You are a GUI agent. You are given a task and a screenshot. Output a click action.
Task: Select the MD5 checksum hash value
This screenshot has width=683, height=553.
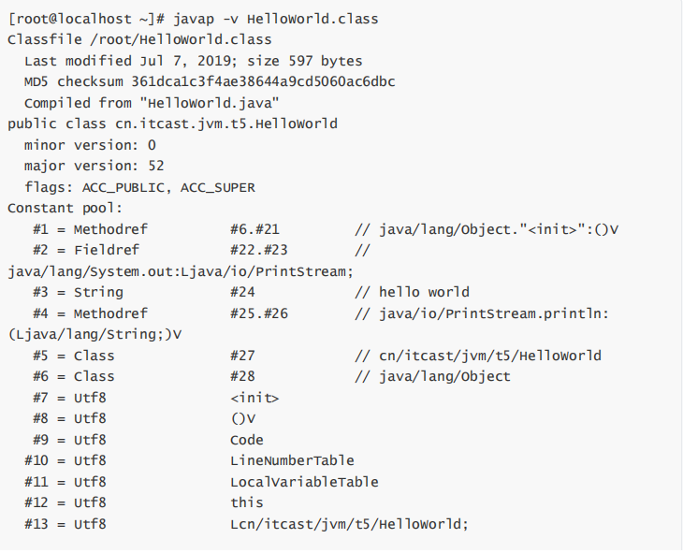click(x=263, y=82)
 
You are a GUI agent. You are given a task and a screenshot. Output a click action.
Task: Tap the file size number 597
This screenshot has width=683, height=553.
click(x=300, y=61)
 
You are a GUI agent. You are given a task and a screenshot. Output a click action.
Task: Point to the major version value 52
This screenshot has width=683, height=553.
click(x=156, y=166)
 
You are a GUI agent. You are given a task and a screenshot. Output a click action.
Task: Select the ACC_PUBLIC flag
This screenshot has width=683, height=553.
click(x=124, y=188)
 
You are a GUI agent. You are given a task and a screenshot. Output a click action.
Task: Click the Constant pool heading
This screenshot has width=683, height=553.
click(x=65, y=209)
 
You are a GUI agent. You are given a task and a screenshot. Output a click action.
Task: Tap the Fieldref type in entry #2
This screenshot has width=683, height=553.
click(x=107, y=250)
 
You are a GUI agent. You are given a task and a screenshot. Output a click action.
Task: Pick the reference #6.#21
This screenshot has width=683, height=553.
click(x=254, y=229)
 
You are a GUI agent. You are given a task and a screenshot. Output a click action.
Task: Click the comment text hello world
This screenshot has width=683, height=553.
click(x=424, y=292)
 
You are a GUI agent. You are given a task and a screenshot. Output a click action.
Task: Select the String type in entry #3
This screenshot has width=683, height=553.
click(x=98, y=292)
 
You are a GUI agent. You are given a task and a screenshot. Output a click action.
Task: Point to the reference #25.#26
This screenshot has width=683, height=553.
click(x=259, y=313)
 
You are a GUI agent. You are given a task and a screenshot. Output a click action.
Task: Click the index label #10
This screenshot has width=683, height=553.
click(x=36, y=460)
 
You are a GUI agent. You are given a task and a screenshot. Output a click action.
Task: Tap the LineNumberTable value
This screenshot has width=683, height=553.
click(x=292, y=460)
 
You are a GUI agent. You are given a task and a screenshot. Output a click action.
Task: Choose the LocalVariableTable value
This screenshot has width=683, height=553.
click(x=304, y=482)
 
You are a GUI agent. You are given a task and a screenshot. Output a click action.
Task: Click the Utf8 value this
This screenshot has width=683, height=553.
click(x=247, y=502)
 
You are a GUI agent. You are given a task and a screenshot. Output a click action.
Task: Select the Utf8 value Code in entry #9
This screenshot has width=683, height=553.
click(x=247, y=440)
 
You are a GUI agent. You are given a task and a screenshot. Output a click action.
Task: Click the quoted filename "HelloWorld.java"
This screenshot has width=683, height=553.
click(x=209, y=103)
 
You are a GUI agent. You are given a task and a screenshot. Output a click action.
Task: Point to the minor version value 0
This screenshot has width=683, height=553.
click(x=152, y=145)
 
